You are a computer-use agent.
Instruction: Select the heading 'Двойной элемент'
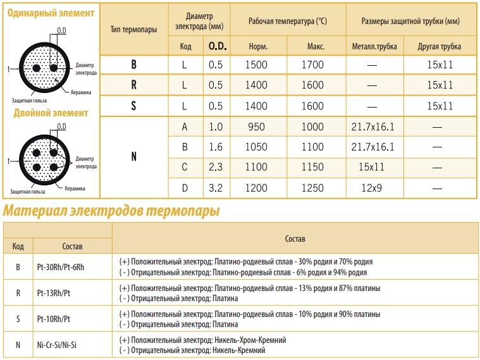click(51, 113)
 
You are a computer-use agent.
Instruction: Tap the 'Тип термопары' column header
click(133, 29)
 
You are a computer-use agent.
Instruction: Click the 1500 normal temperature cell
click(258, 65)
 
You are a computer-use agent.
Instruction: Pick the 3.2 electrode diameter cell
click(216, 188)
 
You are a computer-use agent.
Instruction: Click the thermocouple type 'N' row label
click(133, 157)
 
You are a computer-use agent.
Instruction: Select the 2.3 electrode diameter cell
click(216, 167)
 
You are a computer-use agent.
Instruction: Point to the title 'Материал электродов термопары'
click(111, 211)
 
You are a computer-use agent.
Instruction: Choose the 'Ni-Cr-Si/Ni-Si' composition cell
click(58, 345)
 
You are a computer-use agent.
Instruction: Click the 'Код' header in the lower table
click(18, 246)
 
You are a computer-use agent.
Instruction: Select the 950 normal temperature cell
click(257, 127)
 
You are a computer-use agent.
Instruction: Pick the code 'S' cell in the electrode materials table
click(18, 319)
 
